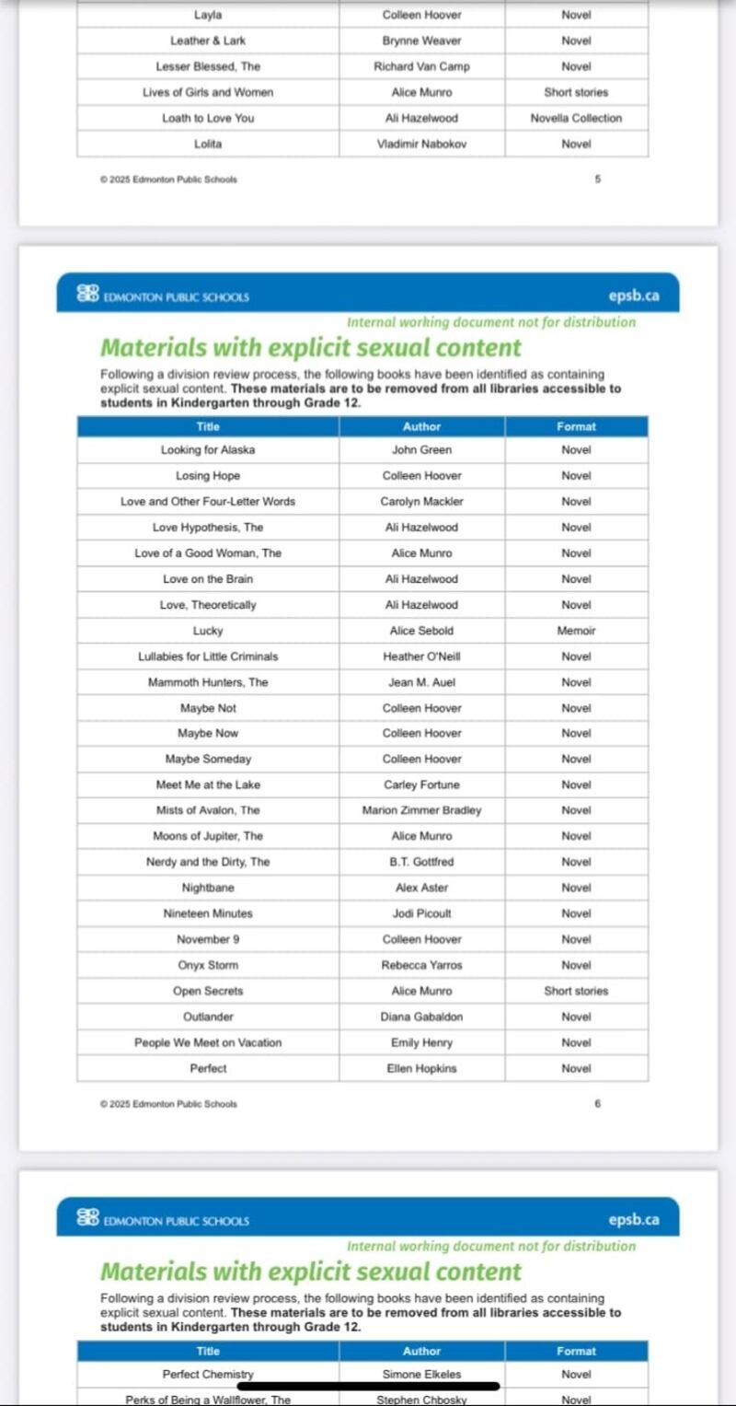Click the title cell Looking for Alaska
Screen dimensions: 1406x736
tap(208, 450)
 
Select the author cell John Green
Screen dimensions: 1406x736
tap(421, 450)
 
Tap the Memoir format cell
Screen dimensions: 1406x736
tap(576, 631)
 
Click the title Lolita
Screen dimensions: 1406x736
tap(208, 145)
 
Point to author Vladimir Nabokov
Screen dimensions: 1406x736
tap(421, 145)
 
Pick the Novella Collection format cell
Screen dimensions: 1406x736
tap(576, 119)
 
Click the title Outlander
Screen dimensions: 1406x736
tap(208, 1017)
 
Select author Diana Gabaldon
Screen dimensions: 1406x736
tap(421, 1017)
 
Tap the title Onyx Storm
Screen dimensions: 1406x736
tap(208, 966)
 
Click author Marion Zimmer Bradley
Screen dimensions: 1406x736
tap(421, 811)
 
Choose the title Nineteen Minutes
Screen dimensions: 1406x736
tap(208, 914)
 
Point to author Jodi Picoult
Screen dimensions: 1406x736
tap(421, 914)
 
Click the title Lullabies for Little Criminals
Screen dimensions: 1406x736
tap(208, 657)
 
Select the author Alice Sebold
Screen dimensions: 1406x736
tap(421, 631)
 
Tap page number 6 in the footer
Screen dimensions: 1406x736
tap(597, 1104)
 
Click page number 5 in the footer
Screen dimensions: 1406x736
tap(597, 180)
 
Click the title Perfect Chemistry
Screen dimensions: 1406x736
tap(208, 1375)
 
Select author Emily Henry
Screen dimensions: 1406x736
tap(421, 1043)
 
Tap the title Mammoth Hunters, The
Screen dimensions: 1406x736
tap(208, 682)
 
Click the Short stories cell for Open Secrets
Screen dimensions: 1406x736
tap(576, 992)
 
